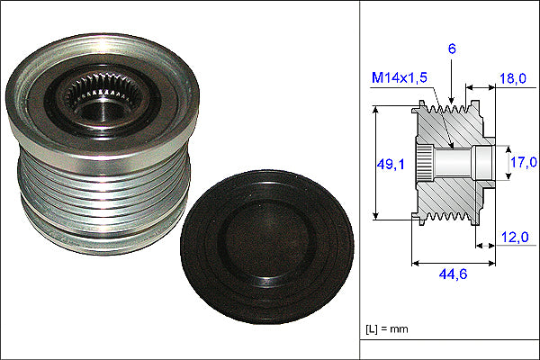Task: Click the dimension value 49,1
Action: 391,165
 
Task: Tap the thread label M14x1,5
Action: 399,77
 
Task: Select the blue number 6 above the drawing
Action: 452,49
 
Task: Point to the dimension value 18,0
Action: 513,78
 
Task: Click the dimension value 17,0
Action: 524,162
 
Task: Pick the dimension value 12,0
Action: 515,237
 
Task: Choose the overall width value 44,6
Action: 453,274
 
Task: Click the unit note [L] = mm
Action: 387,329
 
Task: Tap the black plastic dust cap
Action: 267,247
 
